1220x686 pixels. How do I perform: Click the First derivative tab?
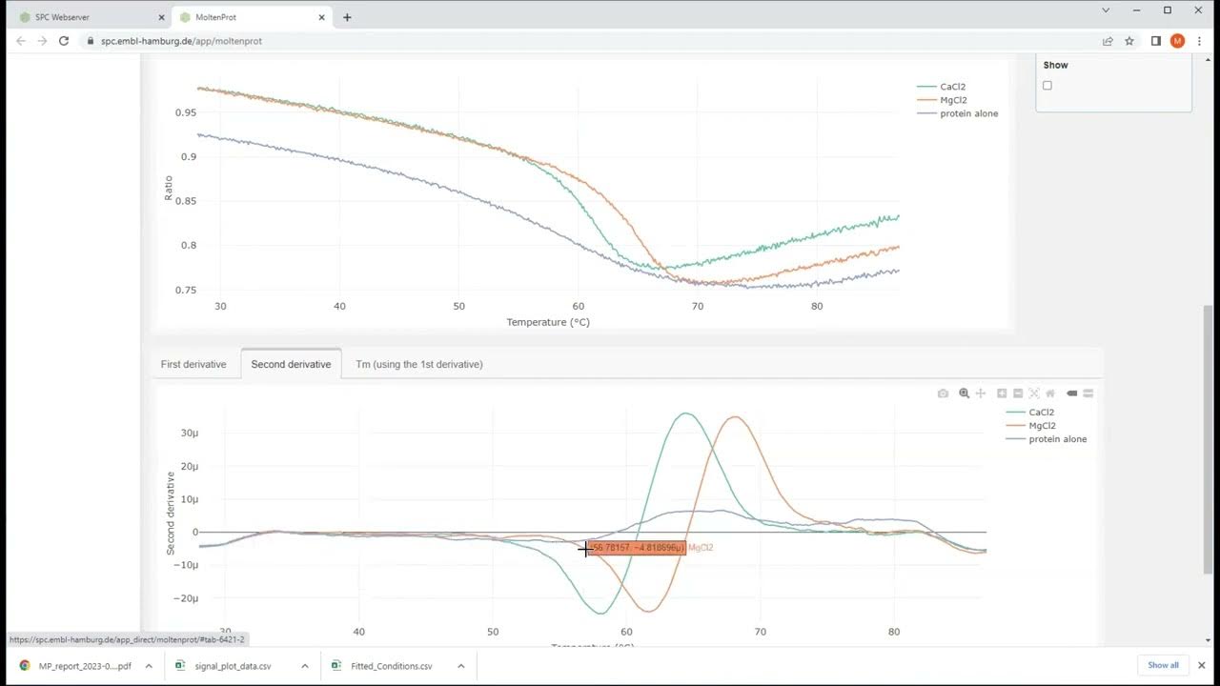193,364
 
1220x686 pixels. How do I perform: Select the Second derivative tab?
291,364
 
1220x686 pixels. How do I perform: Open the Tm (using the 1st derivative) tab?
418,364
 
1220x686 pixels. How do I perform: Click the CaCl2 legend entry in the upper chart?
952,87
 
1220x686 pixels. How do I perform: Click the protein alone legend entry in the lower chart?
1057,439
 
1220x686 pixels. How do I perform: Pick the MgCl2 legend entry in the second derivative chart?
1042,426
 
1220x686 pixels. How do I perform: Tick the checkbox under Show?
1047,86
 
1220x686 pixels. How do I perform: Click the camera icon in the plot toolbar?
943,393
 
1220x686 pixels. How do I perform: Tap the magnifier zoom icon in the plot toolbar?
964,393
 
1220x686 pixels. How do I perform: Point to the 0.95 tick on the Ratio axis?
186,112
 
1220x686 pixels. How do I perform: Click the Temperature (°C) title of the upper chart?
548,322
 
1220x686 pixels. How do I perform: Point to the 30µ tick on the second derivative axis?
189,434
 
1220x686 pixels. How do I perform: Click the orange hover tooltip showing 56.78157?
637,548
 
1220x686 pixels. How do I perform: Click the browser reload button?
64,41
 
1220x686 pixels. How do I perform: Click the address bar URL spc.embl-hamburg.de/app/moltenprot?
181,41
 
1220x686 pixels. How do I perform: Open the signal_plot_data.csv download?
233,666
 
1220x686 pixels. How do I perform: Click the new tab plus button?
347,17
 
